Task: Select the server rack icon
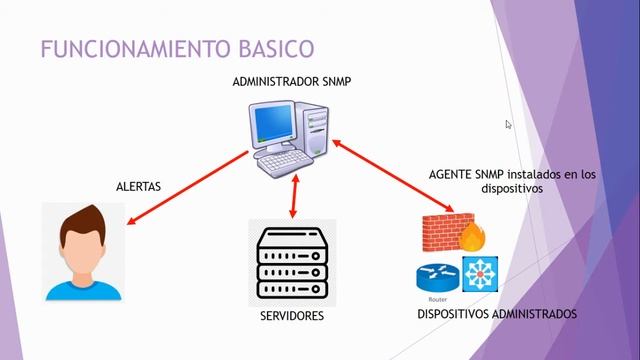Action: tap(292, 261)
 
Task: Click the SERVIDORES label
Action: tap(292, 317)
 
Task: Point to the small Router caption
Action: tap(433, 299)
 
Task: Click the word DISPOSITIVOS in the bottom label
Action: tap(454, 314)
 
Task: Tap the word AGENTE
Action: tap(452, 173)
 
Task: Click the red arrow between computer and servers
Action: tap(293, 194)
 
